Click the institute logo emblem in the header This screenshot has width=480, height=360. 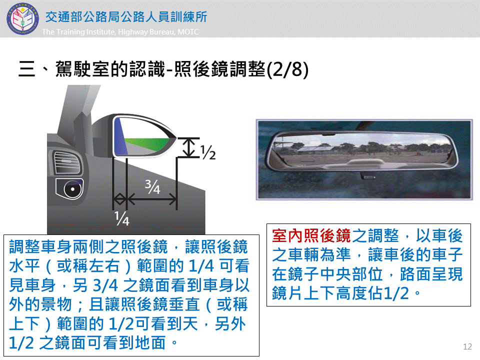[x=23, y=18]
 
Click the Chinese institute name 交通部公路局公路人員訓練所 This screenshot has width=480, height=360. [x=126, y=16]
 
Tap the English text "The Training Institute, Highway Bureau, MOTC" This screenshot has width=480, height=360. [x=120, y=31]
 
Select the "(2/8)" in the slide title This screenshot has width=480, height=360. [x=287, y=69]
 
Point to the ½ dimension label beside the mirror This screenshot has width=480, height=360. [x=208, y=152]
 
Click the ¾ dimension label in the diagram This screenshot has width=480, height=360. [x=152, y=186]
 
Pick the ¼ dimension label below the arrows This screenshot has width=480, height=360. [x=122, y=218]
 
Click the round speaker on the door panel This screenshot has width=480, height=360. [x=72, y=188]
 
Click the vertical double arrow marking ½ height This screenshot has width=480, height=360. [x=188, y=148]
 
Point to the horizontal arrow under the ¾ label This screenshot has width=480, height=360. [x=152, y=199]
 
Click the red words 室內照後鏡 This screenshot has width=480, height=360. [x=311, y=236]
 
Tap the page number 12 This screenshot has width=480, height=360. [x=467, y=346]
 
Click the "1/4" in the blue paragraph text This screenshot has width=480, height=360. [x=201, y=265]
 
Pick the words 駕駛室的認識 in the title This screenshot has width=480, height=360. [x=110, y=69]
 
